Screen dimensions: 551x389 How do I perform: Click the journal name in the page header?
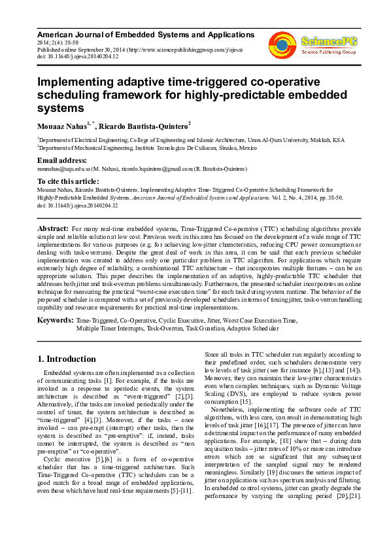(x=146, y=34)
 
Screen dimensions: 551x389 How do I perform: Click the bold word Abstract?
(x=52, y=227)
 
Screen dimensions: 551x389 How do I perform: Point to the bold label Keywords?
(x=55, y=321)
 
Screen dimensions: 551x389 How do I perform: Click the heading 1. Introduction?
(x=67, y=359)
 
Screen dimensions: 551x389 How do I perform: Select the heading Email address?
(x=61, y=160)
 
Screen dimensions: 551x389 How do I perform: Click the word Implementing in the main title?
(x=82, y=83)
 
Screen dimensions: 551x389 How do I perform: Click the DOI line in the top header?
(x=78, y=56)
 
